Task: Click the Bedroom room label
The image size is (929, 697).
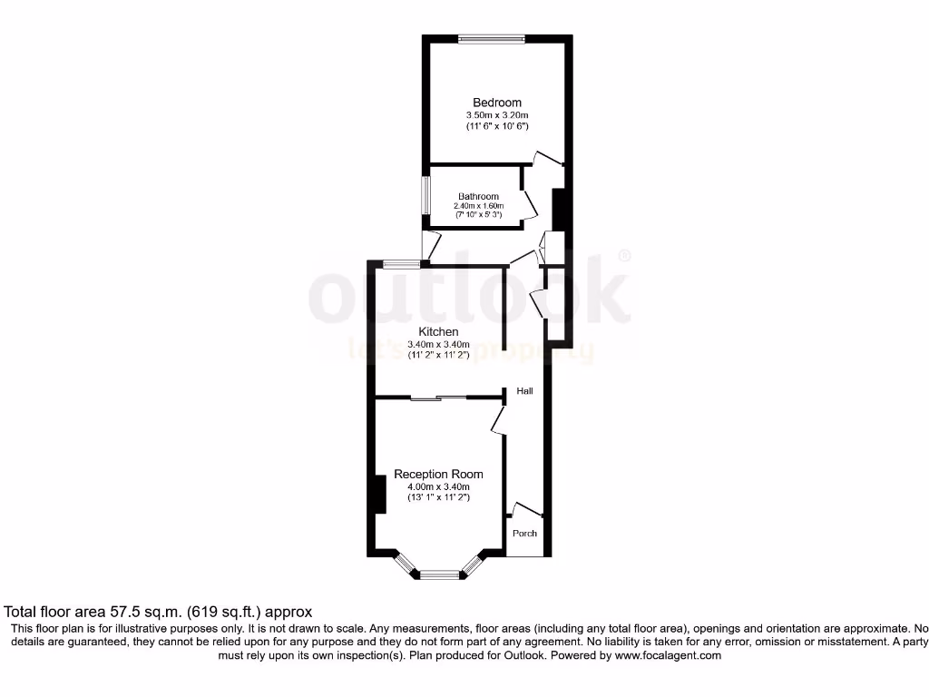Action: pos(496,103)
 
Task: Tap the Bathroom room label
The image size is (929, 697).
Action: pos(478,196)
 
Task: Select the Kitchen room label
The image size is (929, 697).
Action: pos(438,332)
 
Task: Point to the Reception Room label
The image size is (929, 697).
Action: pos(438,475)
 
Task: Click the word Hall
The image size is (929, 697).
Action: pos(524,391)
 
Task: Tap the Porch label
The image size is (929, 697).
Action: pos(524,534)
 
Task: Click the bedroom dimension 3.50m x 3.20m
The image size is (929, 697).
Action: pos(496,115)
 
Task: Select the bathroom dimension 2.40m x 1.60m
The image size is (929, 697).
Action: pos(478,206)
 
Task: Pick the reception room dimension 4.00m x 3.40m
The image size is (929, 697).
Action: pos(438,486)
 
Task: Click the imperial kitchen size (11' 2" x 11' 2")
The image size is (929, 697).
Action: pos(438,356)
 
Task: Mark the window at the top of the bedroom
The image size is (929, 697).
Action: pos(491,38)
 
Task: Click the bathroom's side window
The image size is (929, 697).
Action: pos(425,195)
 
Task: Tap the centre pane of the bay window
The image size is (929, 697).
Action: pos(440,574)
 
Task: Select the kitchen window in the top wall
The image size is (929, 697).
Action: pos(396,264)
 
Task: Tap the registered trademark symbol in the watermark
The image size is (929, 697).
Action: pos(624,257)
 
